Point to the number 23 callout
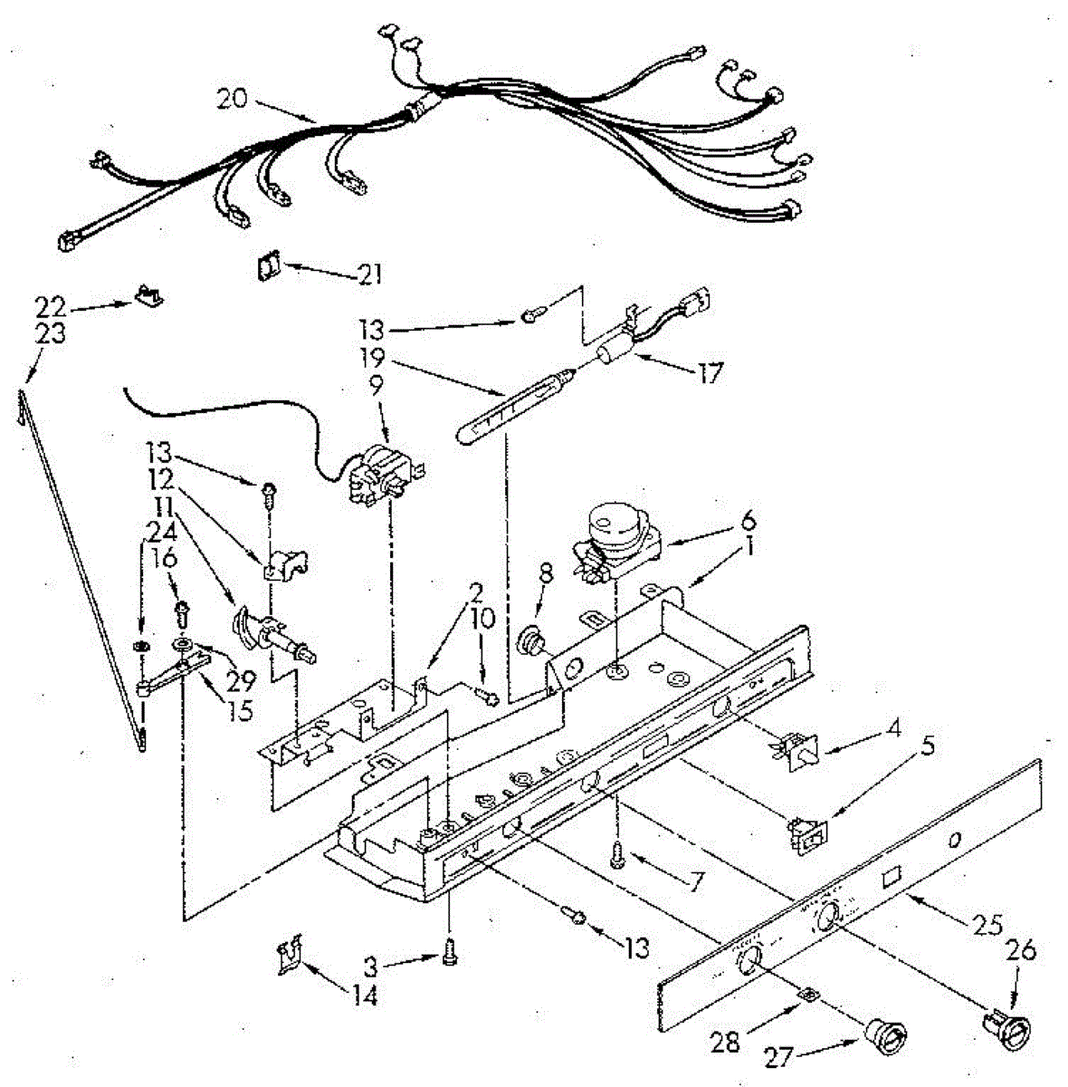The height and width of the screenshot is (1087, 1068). click(51, 333)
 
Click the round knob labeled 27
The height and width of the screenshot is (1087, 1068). click(878, 1033)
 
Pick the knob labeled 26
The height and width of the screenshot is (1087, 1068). click(1010, 1029)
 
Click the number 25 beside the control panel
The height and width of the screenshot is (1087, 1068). click(987, 925)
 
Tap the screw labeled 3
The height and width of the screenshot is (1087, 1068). click(448, 952)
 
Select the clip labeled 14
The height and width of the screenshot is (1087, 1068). click(290, 954)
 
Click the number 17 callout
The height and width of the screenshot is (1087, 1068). click(711, 372)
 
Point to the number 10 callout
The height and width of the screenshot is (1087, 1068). click(482, 619)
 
